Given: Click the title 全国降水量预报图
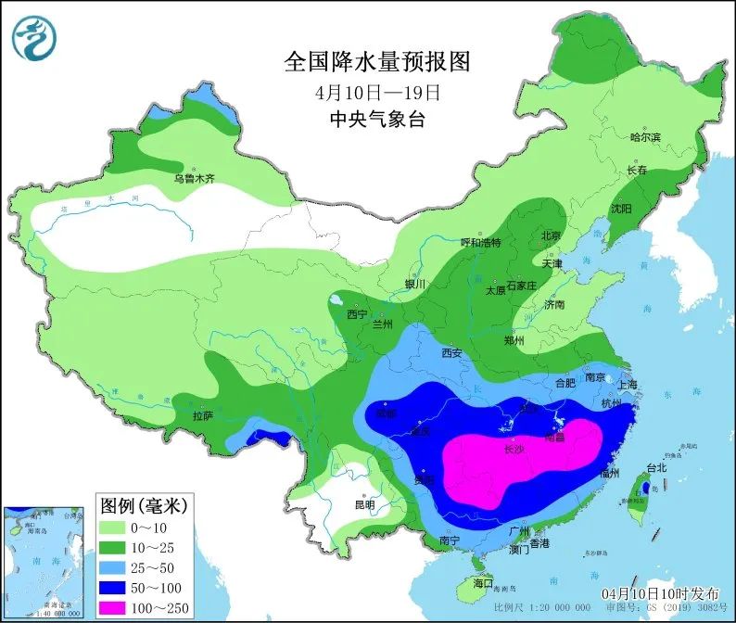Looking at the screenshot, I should (x=377, y=62).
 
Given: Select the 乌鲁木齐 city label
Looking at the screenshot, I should (x=194, y=178).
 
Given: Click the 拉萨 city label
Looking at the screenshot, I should (x=205, y=415).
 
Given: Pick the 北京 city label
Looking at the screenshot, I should (x=551, y=236).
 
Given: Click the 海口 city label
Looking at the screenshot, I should (x=483, y=584).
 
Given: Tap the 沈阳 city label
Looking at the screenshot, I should (x=620, y=210).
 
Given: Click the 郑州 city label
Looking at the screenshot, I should (x=514, y=341).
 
